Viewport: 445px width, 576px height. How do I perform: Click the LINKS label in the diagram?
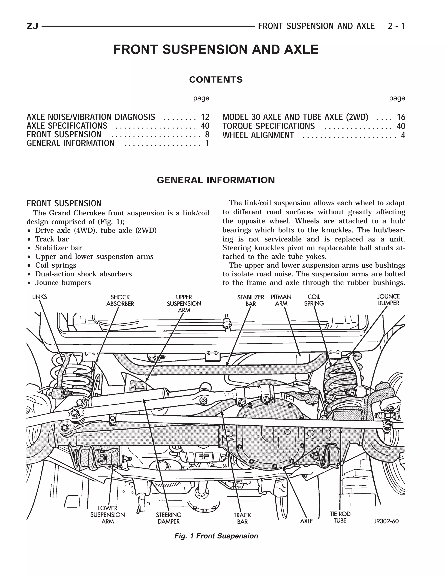(x=40, y=297)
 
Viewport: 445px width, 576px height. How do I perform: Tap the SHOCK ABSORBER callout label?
(x=120, y=300)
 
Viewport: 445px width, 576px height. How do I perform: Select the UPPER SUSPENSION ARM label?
(x=184, y=304)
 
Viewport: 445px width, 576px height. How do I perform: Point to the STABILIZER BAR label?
(x=251, y=300)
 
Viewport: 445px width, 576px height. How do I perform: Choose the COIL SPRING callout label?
(x=314, y=300)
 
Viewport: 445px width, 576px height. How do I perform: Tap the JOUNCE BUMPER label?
(x=388, y=300)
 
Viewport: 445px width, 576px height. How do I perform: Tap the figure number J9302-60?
(x=386, y=521)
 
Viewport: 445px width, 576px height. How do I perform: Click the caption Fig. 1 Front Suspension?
(x=216, y=536)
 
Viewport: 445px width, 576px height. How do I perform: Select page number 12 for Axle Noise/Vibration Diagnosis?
(x=205, y=117)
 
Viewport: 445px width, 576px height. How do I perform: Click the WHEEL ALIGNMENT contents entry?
(x=258, y=135)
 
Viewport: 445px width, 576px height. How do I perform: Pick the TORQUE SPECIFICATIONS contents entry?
(x=268, y=126)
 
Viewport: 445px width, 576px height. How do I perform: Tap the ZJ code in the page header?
(x=33, y=26)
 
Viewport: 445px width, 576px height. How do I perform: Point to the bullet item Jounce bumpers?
(x=63, y=283)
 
